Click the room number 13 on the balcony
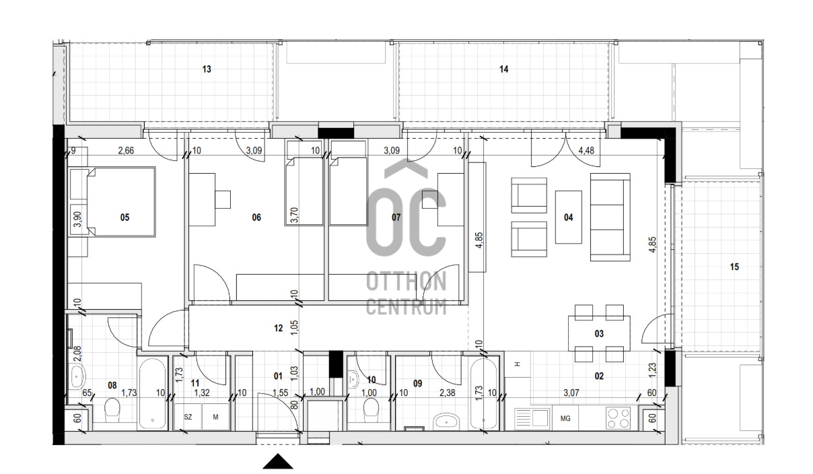click(x=207, y=69)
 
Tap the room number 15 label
click(x=734, y=267)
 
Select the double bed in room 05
click(x=121, y=202)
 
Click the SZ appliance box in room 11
click(x=188, y=417)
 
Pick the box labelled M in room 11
click(x=215, y=417)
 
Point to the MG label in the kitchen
click(x=565, y=418)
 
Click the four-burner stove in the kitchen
click(x=618, y=418)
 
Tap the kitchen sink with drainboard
click(x=532, y=418)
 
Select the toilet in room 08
click(x=112, y=409)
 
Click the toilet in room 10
click(x=371, y=409)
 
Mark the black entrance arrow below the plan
click(x=278, y=461)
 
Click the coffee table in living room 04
click(x=569, y=217)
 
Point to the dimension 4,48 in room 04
click(x=586, y=150)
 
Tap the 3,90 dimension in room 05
click(x=77, y=219)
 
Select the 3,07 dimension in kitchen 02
click(x=571, y=393)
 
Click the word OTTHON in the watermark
click(x=406, y=281)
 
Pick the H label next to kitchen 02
click(x=518, y=364)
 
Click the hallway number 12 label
click(x=279, y=329)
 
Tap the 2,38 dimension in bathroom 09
click(x=447, y=393)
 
